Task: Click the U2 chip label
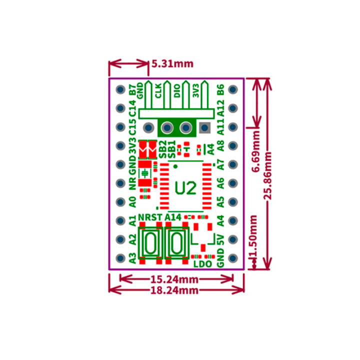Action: click(185, 188)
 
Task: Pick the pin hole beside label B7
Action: click(120, 90)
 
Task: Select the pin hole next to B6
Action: click(232, 90)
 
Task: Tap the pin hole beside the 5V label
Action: click(232, 239)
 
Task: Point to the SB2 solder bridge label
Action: click(162, 148)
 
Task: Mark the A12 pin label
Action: click(220, 108)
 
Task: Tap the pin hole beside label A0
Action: click(120, 202)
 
